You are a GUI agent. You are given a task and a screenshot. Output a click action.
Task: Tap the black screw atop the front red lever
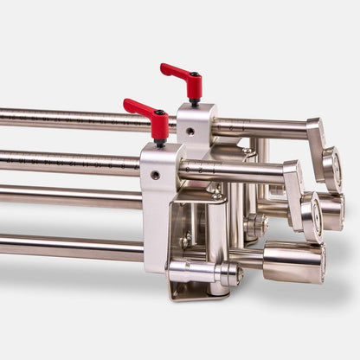click(159, 113)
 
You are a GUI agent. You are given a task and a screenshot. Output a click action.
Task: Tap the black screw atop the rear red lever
click(195, 75)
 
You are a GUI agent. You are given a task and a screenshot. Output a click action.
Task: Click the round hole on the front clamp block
click(155, 175)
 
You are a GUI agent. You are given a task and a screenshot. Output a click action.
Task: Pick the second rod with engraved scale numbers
click(69, 161)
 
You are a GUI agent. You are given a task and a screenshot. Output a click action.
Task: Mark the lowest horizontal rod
click(69, 248)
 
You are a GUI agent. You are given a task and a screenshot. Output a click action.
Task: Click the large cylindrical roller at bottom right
click(294, 261)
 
